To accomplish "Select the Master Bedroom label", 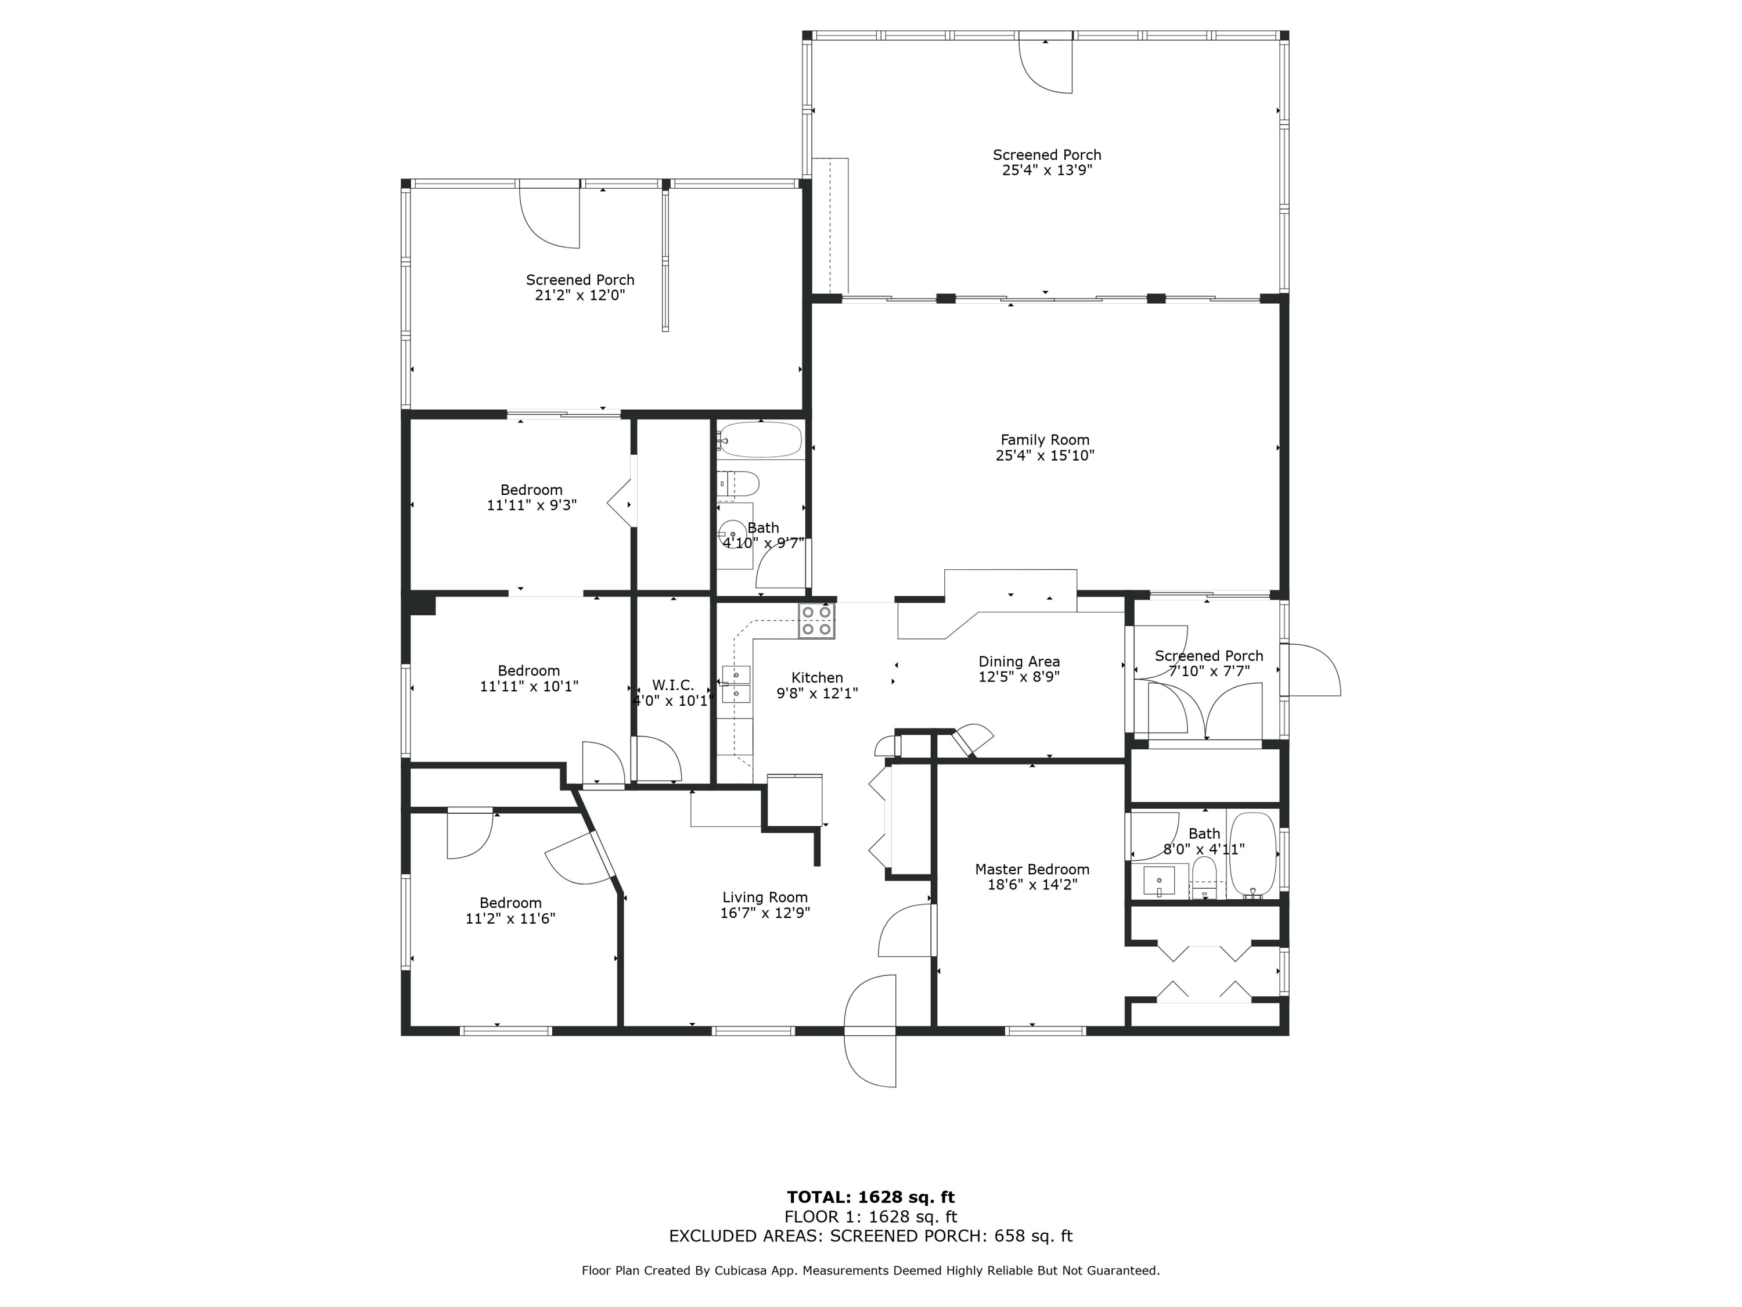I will (x=1032, y=869).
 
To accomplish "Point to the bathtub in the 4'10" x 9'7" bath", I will (x=760, y=440).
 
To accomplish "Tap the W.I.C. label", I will (x=672, y=685).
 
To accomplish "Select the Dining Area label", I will (x=1018, y=662).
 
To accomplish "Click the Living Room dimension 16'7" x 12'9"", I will (x=765, y=913).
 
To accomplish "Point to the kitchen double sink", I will (x=736, y=684).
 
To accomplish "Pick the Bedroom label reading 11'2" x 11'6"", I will (x=510, y=903).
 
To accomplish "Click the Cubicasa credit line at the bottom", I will (x=870, y=1270).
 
